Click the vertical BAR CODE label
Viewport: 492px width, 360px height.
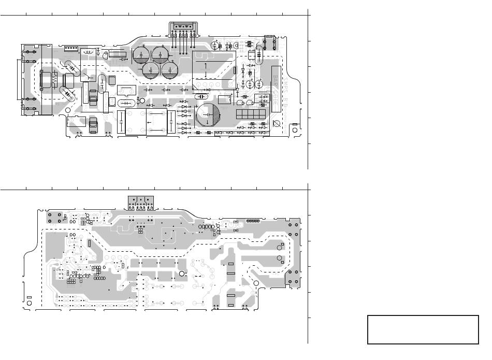[276, 88]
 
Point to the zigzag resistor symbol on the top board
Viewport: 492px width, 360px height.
[53, 81]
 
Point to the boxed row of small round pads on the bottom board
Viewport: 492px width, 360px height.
[253, 221]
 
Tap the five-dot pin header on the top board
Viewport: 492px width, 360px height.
[71, 49]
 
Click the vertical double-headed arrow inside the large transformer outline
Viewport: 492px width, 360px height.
[206, 68]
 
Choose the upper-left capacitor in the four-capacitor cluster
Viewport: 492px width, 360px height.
[142, 54]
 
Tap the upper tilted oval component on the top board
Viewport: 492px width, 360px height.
[70, 67]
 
